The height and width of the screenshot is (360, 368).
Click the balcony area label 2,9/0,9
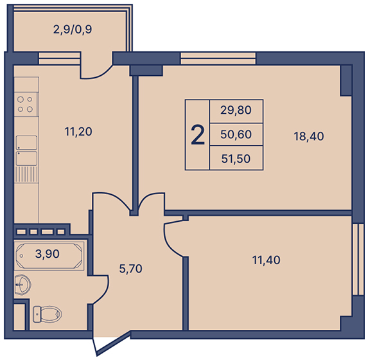pos(73,30)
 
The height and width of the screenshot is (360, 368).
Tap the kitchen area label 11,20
pos(78,132)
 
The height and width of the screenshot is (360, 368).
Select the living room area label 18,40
pos(309,136)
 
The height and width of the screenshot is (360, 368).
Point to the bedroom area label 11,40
pos(266,260)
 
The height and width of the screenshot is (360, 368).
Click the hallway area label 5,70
pos(131,269)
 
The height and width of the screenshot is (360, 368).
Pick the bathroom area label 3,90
pos(47,254)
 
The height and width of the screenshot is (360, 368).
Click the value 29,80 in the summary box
pos(236,110)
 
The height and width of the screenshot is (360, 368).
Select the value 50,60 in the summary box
pos(236,134)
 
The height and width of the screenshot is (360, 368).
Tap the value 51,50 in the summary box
pos(236,159)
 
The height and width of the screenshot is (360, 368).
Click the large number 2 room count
pos(198,135)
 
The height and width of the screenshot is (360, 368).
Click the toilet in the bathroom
pos(47,314)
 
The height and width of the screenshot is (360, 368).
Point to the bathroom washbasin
pos(22,285)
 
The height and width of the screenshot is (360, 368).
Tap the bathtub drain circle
pos(21,256)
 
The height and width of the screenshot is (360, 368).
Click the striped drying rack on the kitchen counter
pos(26,174)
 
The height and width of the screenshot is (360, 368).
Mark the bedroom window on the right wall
pos(358,260)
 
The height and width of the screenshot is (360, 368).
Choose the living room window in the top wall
pos(218,59)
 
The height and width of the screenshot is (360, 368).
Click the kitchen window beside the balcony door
pos(59,59)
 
